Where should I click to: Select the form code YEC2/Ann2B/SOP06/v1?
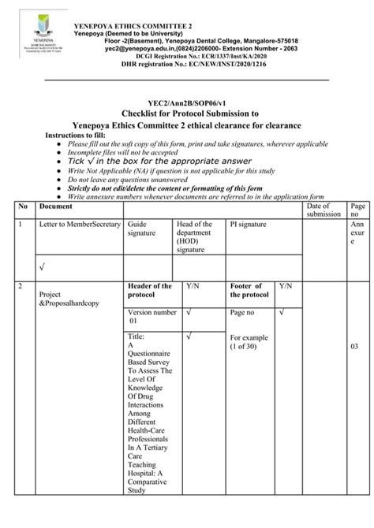[x=185, y=102]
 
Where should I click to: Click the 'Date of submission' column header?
[x=324, y=210]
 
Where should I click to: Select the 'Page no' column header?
[x=357, y=210]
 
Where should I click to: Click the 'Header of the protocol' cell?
[x=149, y=290]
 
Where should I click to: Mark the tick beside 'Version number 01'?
[x=190, y=313]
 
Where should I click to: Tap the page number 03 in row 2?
[x=355, y=346]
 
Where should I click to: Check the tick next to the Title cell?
[x=190, y=337]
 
